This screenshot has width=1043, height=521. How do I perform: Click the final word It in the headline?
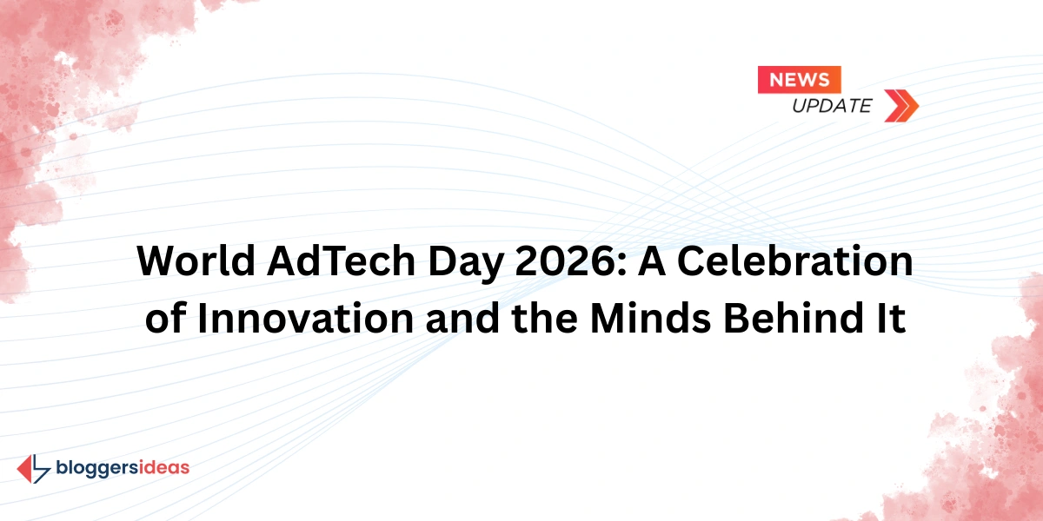pos(892,319)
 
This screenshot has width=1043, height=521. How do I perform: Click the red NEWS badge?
pos(800,80)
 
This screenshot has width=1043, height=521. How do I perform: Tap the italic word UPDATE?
pos(831,106)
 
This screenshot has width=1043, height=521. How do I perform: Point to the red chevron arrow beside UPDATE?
pos(901,105)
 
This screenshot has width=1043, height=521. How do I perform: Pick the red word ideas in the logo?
pos(164,468)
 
